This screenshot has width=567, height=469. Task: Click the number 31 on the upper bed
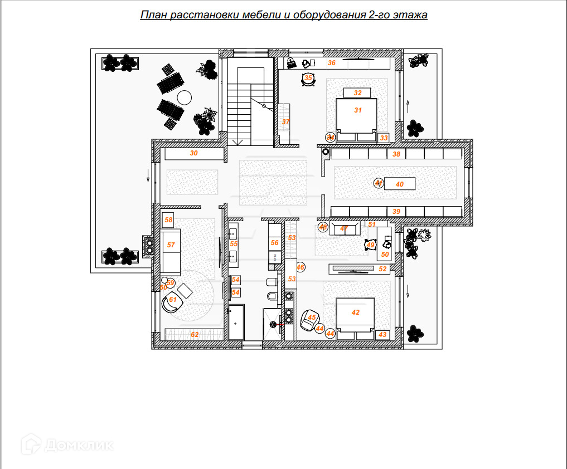358,110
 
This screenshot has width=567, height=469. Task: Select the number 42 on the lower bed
356,313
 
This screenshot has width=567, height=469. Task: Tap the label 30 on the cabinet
194,153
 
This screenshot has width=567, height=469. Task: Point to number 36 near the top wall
332,63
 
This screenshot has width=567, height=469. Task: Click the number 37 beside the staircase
285,121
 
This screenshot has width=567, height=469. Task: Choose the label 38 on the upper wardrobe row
396,154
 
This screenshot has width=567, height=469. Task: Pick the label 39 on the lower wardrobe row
396,212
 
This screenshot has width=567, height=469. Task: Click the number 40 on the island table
399,184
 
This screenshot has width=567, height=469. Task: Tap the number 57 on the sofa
171,245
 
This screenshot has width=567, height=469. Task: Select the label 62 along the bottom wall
195,335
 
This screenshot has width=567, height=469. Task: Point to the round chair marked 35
308,79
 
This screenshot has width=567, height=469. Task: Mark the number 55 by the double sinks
234,244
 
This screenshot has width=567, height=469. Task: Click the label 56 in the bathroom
274,243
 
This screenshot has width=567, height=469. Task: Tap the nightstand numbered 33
384,138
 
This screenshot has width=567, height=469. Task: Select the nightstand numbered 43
382,335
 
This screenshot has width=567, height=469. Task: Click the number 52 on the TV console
382,269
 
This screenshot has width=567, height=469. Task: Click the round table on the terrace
185,97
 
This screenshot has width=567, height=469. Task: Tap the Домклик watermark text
79,445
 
